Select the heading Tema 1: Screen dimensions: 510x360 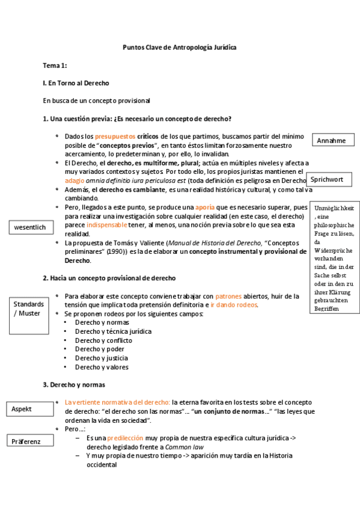(x=54, y=65)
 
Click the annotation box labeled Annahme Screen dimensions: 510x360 (x=332, y=140)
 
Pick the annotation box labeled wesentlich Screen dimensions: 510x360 (x=30, y=227)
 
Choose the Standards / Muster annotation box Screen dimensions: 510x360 (x=29, y=309)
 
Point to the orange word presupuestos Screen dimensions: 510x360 (x=115, y=137)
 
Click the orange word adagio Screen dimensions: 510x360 (x=75, y=180)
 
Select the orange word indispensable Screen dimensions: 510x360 (x=107, y=225)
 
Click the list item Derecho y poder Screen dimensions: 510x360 (x=99, y=349)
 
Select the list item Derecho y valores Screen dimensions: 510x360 (x=102, y=367)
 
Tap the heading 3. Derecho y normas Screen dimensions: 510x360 (x=74, y=384)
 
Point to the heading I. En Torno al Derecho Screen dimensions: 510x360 (x=76, y=83)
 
